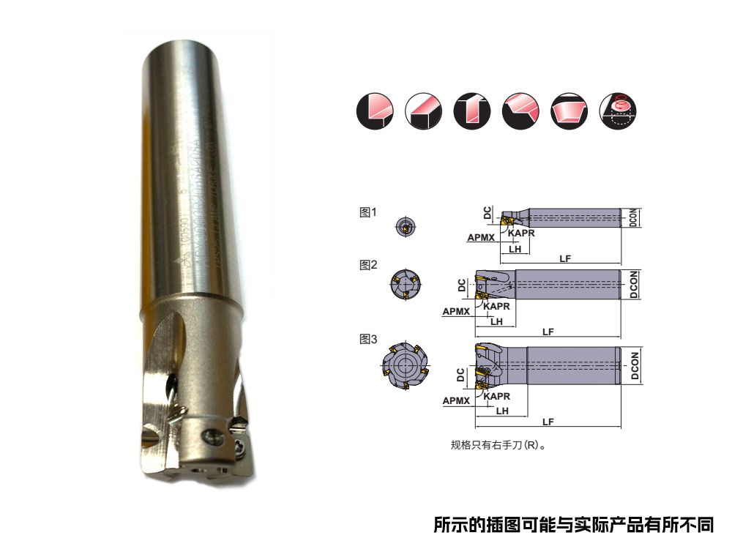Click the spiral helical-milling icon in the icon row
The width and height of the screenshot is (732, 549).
pyautogui.click(x=618, y=111)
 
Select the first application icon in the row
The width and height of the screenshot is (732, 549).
pyautogui.click(x=375, y=111)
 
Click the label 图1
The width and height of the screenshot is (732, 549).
pyautogui.click(x=367, y=212)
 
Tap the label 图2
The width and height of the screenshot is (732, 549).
pyautogui.click(x=367, y=265)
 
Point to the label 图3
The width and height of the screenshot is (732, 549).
pyautogui.click(x=367, y=339)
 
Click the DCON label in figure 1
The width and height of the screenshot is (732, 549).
pyautogui.click(x=635, y=217)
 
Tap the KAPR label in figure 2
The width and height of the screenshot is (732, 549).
pyautogui.click(x=496, y=306)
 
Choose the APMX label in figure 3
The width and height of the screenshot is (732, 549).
pyautogui.click(x=456, y=400)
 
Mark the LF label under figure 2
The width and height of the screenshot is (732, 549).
pyautogui.click(x=548, y=332)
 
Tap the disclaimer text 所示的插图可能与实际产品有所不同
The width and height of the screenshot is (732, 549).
pyautogui.click(x=572, y=525)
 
